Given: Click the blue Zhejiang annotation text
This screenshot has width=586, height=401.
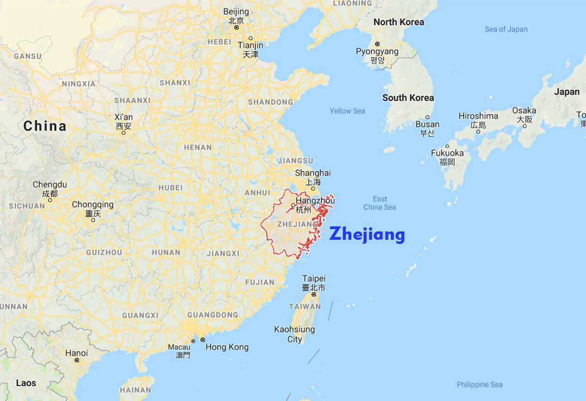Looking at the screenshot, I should click(x=367, y=234).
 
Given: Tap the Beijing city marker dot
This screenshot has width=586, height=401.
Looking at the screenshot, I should click(x=236, y=28).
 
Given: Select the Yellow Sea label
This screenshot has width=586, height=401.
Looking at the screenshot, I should click(x=347, y=111).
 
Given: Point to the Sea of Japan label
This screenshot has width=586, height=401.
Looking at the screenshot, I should click(x=506, y=29).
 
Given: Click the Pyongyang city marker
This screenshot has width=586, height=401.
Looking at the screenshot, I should click(x=377, y=44).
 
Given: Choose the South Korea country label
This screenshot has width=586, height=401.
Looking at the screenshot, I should click(x=408, y=97).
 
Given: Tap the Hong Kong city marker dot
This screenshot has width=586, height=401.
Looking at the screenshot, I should click(x=202, y=340).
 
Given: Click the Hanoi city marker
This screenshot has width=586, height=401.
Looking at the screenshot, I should click(x=77, y=360).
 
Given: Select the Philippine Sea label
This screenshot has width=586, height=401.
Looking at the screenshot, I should click(x=479, y=384).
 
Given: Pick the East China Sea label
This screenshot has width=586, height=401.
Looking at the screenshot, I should click(x=380, y=203).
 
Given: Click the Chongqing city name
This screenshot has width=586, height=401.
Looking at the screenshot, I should click(x=92, y=204).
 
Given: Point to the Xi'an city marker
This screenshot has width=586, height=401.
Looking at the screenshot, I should click(x=123, y=133).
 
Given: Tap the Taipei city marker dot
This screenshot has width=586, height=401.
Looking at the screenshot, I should click(x=314, y=294).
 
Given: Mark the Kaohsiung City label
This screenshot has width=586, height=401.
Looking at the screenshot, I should click(x=295, y=334).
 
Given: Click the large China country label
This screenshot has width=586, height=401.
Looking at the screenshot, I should click(x=45, y=126).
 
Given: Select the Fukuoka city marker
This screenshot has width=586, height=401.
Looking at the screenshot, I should click(x=447, y=146).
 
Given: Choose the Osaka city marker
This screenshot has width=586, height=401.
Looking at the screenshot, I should click(x=525, y=126).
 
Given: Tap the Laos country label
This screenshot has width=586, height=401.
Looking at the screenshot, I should click(x=26, y=383).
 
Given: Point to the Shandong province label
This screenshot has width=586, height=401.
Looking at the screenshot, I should click(x=270, y=102).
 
